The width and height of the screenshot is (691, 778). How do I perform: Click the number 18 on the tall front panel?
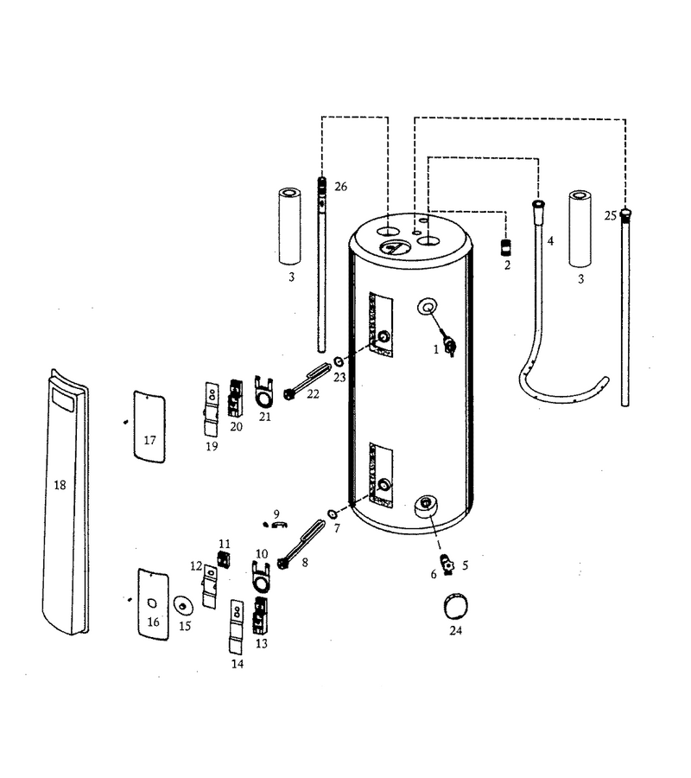pos(60,485)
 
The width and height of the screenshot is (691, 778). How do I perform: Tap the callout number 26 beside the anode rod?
pos(340,187)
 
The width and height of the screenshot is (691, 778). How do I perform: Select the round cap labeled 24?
pos(455,605)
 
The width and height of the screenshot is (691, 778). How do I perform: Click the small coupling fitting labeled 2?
pos(505,247)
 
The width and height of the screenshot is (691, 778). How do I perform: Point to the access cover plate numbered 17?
pos(149,427)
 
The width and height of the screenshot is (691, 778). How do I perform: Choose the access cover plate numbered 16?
pos(153,604)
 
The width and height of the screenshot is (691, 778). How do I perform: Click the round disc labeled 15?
pos(183,606)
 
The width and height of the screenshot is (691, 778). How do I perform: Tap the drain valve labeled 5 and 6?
pos(448,565)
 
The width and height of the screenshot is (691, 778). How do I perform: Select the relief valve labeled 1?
pos(451,346)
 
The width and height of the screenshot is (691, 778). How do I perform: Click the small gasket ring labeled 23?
pos(339,360)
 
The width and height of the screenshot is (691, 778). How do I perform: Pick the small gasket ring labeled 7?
pos(332,513)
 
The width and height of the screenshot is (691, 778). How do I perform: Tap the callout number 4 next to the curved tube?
pos(550,241)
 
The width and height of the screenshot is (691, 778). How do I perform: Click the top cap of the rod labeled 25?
pos(625,214)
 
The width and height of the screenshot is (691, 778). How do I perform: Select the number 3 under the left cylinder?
pos(291,277)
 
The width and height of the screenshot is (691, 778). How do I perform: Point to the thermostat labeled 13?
pos(260,615)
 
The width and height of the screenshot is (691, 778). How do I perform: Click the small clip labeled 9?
pos(280,525)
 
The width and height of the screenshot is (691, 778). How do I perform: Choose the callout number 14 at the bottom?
pos(238,664)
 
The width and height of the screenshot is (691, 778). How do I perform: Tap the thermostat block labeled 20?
pos(235,398)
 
